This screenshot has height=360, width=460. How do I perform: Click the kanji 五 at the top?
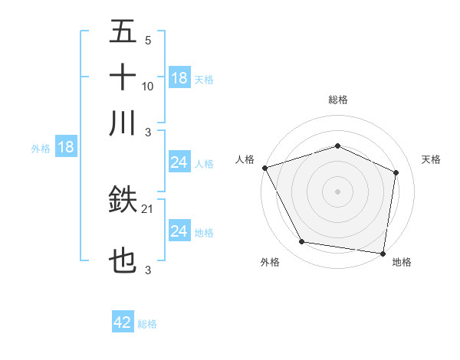(x=123, y=32)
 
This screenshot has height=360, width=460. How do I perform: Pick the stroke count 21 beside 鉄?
(x=148, y=209)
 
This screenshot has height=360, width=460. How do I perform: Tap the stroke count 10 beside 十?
(x=148, y=86)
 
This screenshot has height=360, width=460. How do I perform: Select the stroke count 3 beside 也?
(x=148, y=270)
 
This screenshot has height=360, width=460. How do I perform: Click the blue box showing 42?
(x=123, y=322)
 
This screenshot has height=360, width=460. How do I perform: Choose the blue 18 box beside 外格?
(x=66, y=148)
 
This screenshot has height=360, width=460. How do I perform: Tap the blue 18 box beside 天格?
(x=179, y=78)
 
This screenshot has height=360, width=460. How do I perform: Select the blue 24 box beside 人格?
(x=179, y=162)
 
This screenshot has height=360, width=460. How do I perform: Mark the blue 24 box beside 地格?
(x=179, y=231)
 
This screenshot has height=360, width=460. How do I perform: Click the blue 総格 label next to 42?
(x=147, y=324)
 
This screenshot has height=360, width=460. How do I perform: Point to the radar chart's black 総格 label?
(x=337, y=100)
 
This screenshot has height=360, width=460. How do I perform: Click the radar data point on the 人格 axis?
(x=264, y=168)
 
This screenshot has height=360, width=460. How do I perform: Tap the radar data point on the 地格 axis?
(x=383, y=253)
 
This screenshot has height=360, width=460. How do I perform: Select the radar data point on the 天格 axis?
(x=396, y=172)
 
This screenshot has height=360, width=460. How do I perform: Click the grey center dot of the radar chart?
(x=337, y=191)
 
